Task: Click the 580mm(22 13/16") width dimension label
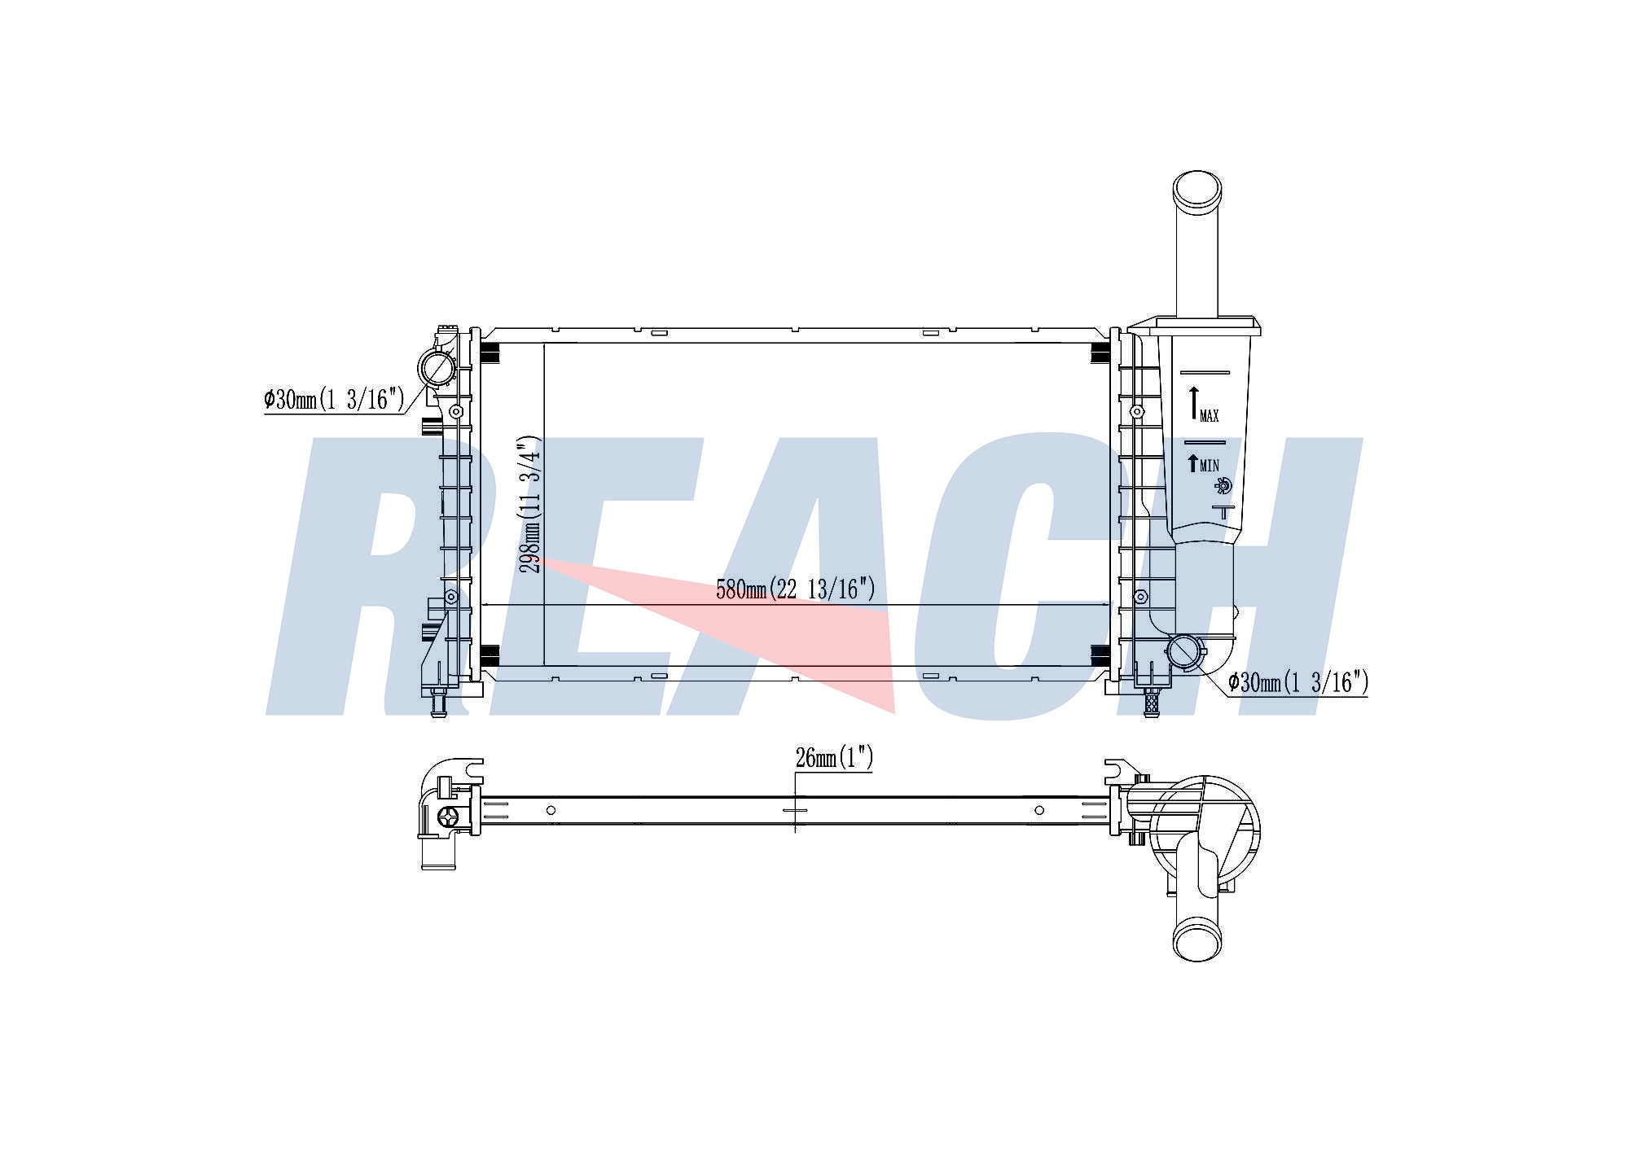pos(796,589)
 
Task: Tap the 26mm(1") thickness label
pos(834,758)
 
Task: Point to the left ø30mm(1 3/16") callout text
pos(334,399)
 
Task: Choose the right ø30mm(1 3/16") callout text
pos(1298,682)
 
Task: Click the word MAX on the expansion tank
pos(1210,416)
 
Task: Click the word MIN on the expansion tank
pos(1210,466)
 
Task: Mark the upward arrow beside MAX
pos(1194,404)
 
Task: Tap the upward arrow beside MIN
pos(1193,462)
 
